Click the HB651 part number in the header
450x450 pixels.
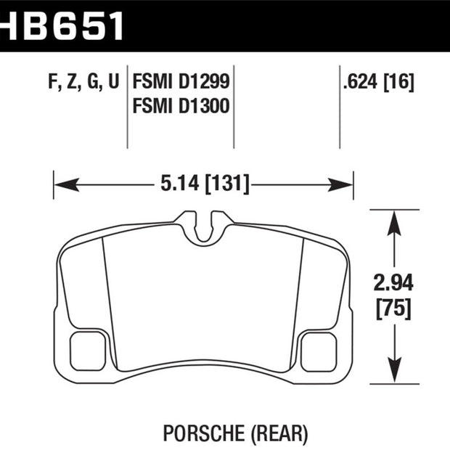click(x=62, y=26)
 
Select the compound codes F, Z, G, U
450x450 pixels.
click(x=83, y=82)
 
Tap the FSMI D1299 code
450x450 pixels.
click(x=181, y=82)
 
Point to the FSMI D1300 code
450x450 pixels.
click(x=181, y=106)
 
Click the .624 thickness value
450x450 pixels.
click(x=360, y=82)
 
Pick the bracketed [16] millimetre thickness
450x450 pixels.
click(x=398, y=82)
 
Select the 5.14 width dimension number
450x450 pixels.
click(x=180, y=183)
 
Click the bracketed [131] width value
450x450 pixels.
click(x=226, y=184)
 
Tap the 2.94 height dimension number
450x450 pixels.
click(x=393, y=282)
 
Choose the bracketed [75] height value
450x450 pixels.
click(x=393, y=308)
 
